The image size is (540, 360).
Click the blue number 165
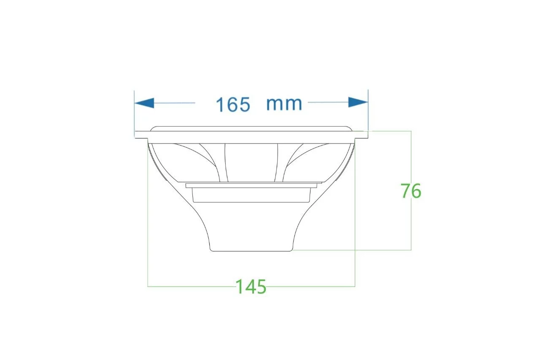233,104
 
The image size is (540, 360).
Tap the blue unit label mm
284,104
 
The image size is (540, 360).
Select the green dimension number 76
411,190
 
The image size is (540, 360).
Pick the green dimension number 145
251,287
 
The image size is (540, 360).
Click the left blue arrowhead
144,103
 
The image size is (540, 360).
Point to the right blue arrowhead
358,102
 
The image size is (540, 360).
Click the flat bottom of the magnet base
251,252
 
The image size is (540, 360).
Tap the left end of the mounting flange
135,135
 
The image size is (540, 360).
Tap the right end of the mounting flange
367,135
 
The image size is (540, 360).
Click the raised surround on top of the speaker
250,128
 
